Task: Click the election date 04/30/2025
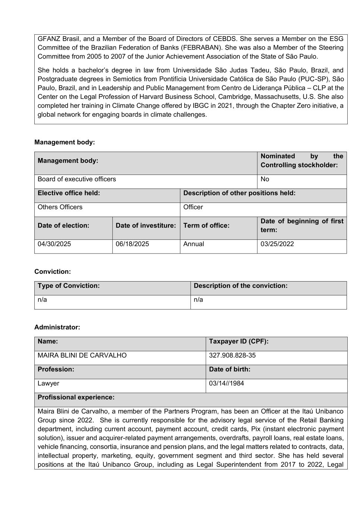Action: tap(54, 244)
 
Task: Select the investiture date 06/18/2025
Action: tap(132, 244)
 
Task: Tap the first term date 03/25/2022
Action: tap(277, 244)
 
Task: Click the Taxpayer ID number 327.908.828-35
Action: tap(232, 355)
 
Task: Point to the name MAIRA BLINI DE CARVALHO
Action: tap(82, 355)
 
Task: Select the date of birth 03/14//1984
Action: tap(226, 383)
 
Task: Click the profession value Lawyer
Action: tap(48, 383)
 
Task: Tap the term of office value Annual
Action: tap(194, 244)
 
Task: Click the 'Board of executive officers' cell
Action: tap(77, 179)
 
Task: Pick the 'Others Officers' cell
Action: tap(60, 207)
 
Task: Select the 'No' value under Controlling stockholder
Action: tap(265, 179)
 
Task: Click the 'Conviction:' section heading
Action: tap(53, 271)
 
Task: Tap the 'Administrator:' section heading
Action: tap(57, 327)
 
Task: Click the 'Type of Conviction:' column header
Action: tap(69, 286)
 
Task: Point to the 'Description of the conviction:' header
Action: tap(241, 286)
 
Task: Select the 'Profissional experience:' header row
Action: tap(76, 397)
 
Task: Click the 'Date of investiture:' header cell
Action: tap(145, 226)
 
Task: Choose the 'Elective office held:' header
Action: tap(69, 193)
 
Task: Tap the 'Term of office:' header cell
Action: tap(206, 226)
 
